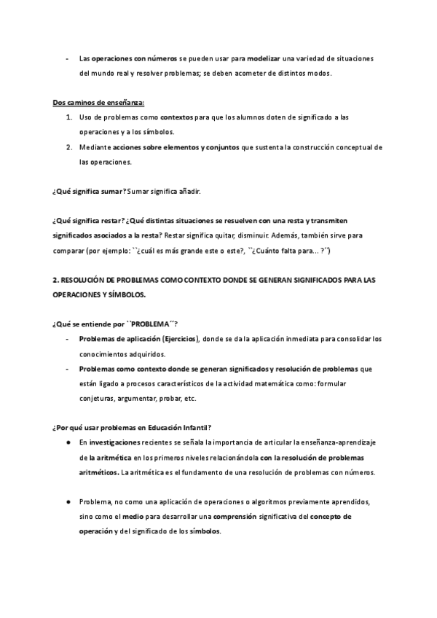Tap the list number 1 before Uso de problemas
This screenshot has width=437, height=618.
pos(68,117)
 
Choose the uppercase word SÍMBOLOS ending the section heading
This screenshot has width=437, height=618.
pos(127,295)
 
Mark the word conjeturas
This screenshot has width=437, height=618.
pos(97,399)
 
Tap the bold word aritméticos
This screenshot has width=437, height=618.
pos(98,472)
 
